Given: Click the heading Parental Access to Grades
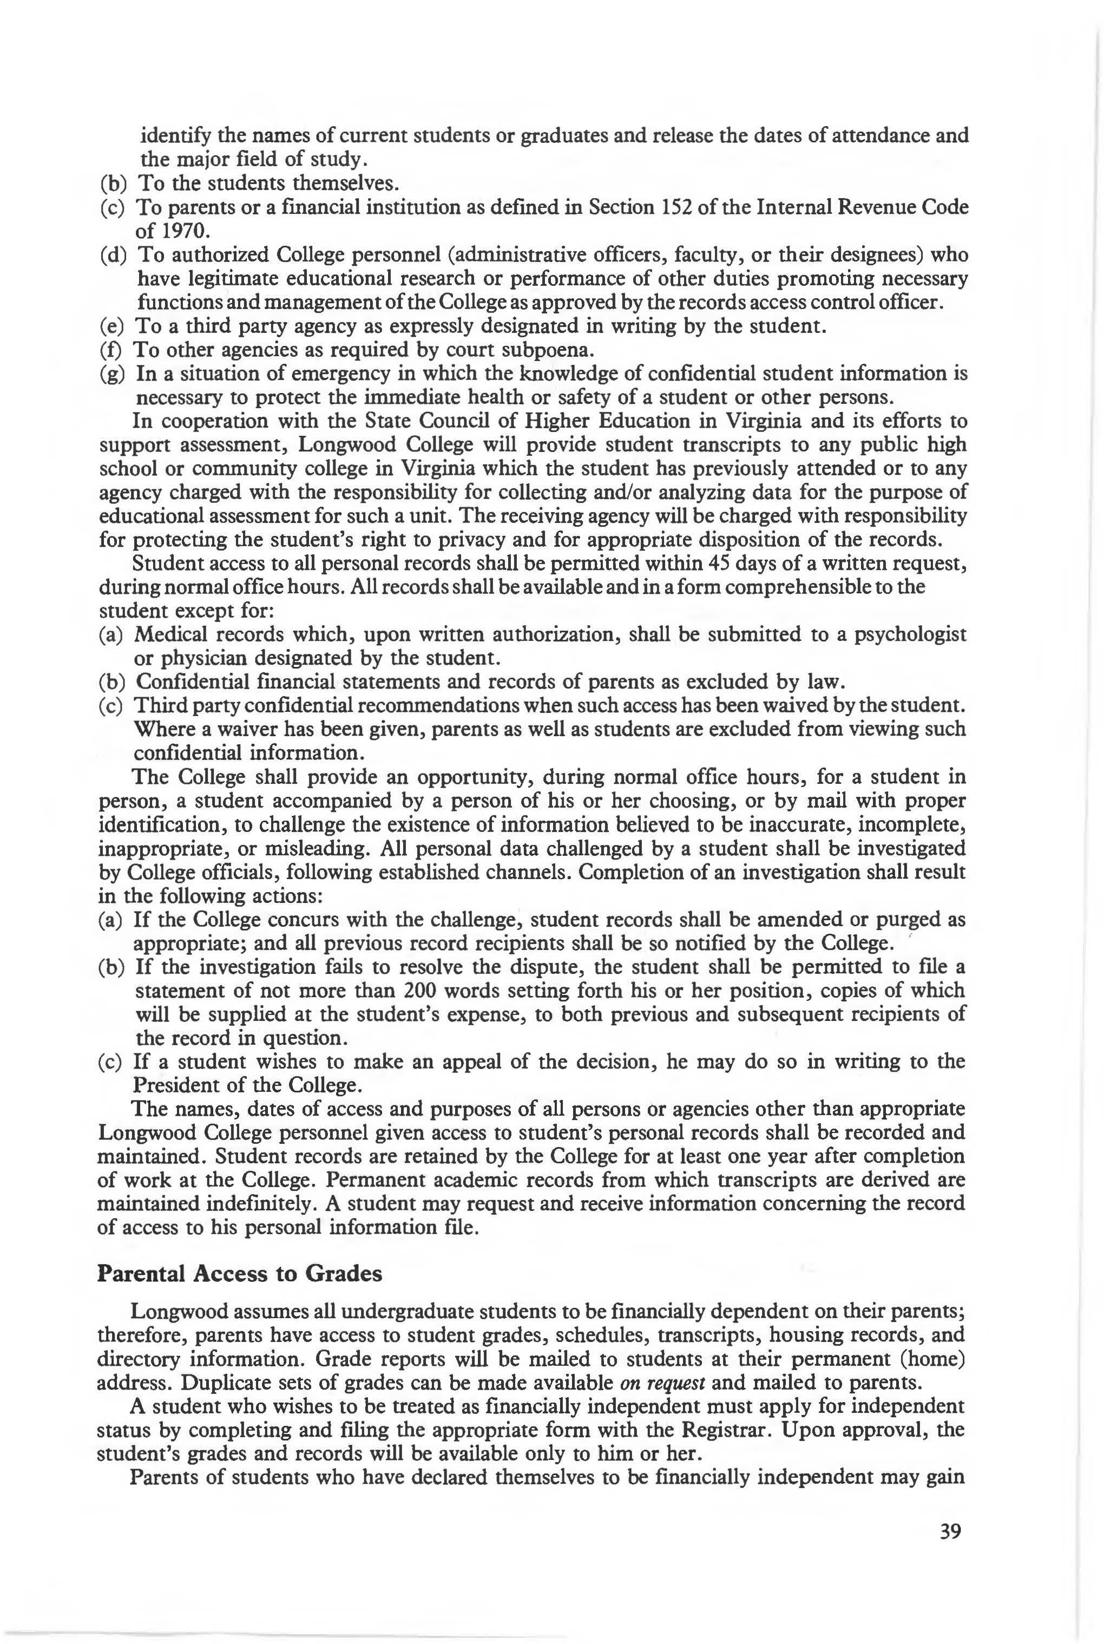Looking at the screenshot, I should click(239, 1274).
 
